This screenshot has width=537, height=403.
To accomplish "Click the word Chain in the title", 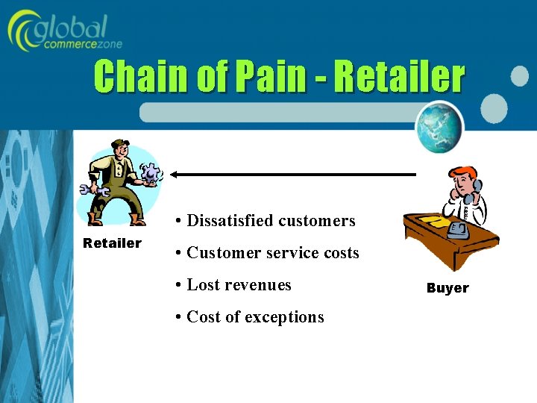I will (141, 78).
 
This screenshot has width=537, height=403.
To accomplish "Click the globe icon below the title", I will (439, 127).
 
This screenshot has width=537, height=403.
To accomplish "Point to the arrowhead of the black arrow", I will (173, 175).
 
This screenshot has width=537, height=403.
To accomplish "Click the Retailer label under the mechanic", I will (112, 243).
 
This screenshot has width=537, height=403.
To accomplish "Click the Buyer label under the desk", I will (447, 288).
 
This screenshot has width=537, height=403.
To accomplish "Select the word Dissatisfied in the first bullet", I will (230, 221).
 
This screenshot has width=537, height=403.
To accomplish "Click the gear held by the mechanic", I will (152, 173).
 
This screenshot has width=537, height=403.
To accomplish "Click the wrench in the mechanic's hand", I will (98, 192).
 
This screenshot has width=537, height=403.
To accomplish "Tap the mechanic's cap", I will (119, 144).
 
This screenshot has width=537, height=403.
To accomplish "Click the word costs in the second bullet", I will (341, 253).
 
